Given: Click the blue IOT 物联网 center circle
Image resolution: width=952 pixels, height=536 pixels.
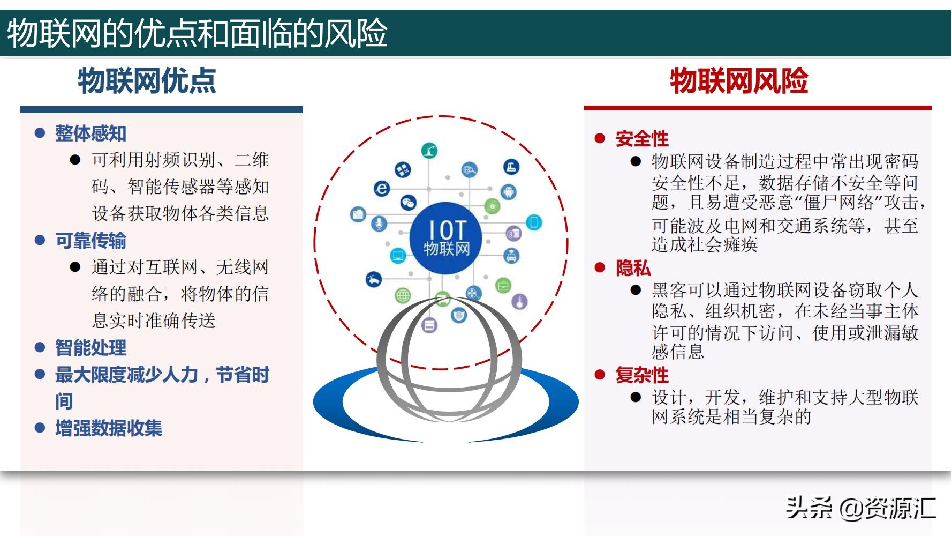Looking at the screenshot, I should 445,238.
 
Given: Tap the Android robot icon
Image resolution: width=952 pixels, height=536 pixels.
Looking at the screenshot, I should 509,191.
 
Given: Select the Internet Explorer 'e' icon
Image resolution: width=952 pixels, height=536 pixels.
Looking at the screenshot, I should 382,188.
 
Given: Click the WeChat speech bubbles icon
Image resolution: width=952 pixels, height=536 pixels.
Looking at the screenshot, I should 409,202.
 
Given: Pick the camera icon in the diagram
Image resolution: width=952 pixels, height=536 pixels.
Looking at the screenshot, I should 358,214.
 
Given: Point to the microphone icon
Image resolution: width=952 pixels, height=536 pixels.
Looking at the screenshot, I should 379,224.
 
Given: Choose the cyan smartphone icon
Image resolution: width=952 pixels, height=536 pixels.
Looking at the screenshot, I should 534,222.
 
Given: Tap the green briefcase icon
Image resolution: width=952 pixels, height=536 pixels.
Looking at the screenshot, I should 503,285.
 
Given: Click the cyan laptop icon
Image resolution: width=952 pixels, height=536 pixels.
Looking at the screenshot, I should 398,255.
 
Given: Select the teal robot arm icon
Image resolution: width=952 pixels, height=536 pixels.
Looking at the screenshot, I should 429,151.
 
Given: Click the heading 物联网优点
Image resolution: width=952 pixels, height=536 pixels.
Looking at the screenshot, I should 147,81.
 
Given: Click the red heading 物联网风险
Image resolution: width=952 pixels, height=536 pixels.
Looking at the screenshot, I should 739,81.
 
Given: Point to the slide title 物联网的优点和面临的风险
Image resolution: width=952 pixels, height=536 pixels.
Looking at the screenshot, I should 197,33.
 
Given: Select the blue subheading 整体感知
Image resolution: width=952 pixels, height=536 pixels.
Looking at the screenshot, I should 90,133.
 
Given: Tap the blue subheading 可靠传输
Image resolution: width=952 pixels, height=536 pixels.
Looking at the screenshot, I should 90,241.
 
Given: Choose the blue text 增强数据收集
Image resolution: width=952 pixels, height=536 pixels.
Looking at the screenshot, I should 108,428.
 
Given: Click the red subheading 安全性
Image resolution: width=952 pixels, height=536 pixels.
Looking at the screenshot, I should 642,139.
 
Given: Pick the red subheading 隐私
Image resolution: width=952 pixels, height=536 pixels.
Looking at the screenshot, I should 633,267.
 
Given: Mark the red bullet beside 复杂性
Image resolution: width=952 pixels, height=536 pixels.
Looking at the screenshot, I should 600,375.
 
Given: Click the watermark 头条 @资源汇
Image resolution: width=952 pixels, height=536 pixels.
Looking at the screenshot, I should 860,508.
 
